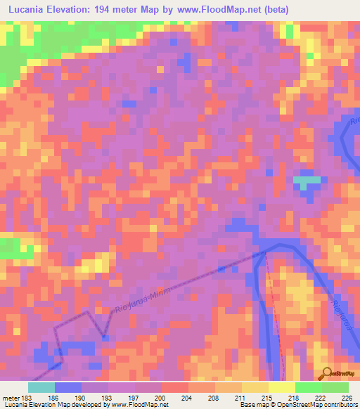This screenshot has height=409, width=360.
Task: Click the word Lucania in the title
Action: click(30, 9)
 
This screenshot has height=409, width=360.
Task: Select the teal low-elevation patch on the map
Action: click(306, 181)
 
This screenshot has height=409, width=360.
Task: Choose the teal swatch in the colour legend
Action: click(41, 387)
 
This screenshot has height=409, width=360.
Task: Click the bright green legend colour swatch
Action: click(309, 387)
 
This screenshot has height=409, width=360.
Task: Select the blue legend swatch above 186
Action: click(68, 387)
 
